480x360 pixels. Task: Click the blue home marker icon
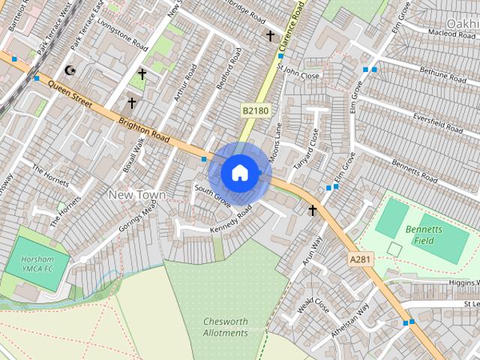point(239,173)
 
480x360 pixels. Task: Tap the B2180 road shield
point(255,110)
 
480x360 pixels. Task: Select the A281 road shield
point(359,259)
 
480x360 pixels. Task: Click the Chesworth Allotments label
point(225,327)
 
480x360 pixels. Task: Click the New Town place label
point(137,194)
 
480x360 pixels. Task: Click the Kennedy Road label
point(229,219)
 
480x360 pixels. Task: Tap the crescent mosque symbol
point(71,70)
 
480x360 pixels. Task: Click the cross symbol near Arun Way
point(313,211)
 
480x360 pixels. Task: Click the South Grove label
point(211,194)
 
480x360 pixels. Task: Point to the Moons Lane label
point(277,139)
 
